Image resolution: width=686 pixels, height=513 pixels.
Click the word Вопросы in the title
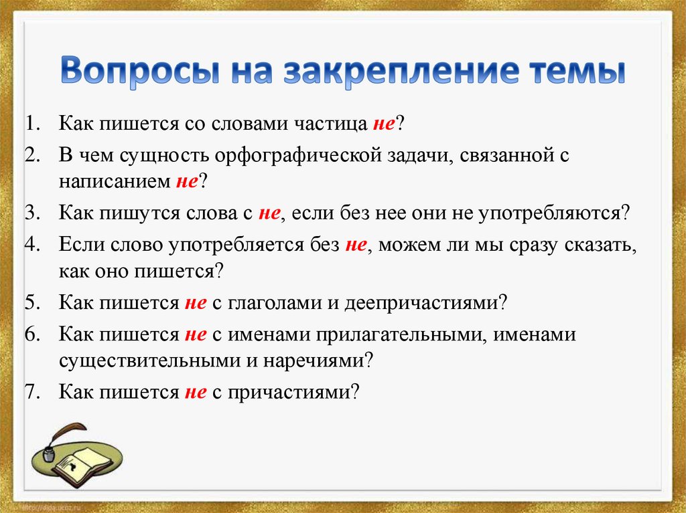click(x=141, y=70)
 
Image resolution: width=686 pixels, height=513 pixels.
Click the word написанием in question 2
click(x=115, y=181)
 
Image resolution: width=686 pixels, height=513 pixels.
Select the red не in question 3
click(x=269, y=213)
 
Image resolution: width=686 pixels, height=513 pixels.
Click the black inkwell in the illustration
click(x=48, y=453)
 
